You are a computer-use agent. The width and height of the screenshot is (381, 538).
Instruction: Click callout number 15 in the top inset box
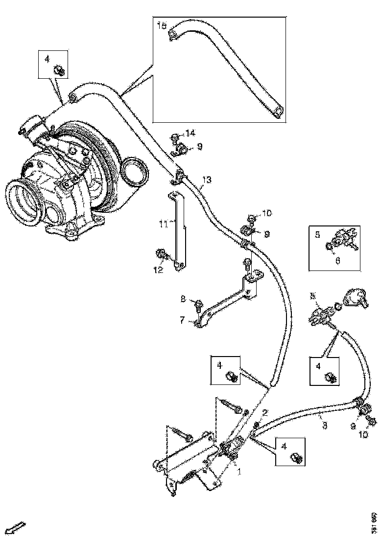(162, 25)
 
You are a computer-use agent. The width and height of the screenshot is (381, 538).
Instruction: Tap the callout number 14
(190, 133)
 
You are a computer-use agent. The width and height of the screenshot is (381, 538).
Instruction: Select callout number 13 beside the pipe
(207, 180)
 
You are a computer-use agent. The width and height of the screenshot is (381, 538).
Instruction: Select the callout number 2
(264, 413)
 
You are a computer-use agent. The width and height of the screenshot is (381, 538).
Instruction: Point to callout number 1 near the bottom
(239, 472)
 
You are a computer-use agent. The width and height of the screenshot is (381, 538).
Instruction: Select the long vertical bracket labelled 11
(177, 230)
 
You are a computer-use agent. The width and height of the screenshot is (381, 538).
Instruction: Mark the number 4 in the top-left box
(47, 59)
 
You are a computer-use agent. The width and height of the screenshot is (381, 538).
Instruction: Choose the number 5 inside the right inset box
(317, 235)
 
